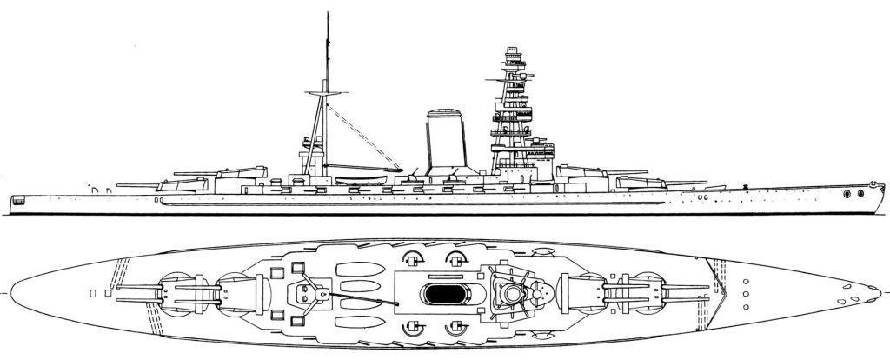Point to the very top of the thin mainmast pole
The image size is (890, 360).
point(329,13)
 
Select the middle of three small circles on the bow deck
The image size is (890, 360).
point(747,295)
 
